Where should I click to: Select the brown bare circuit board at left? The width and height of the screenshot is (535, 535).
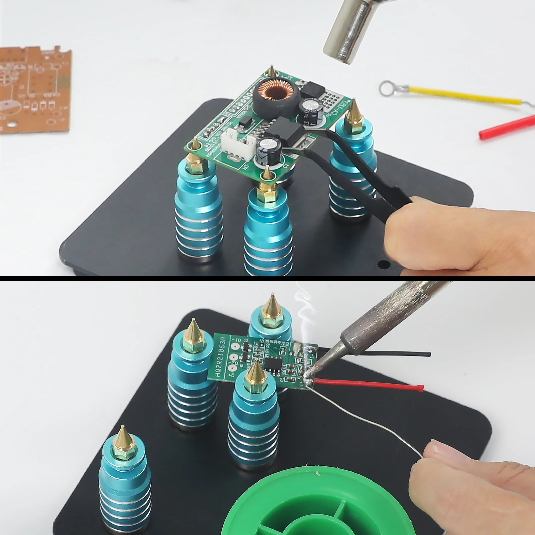pyautogui.click(x=33, y=90)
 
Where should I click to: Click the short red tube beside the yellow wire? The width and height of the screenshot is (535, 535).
pyautogui.click(x=507, y=127)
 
